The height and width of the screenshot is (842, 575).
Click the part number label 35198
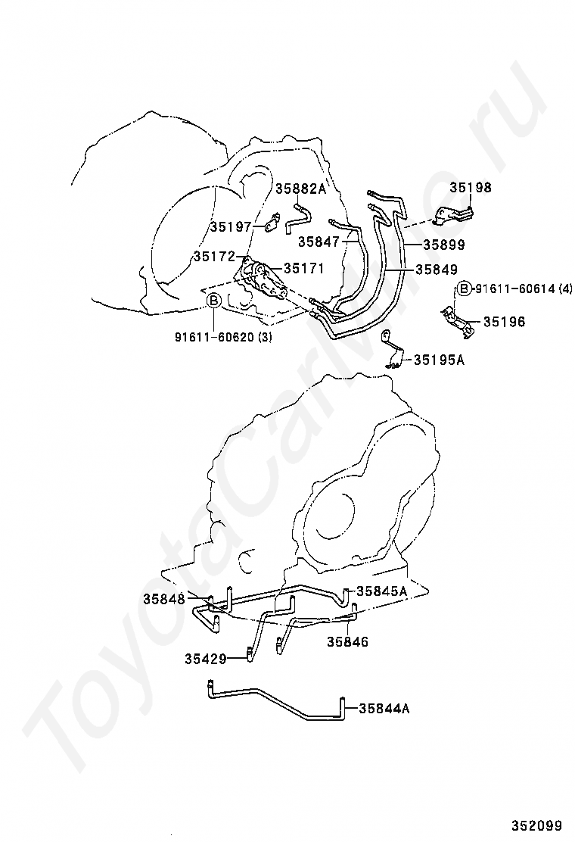(471, 188)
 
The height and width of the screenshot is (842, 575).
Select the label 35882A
(301, 189)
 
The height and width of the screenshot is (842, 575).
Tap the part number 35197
(231, 226)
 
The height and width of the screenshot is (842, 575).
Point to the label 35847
(319, 242)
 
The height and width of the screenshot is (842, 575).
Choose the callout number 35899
(444, 245)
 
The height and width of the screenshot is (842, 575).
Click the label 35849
(437, 269)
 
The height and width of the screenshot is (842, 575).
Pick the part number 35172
(215, 257)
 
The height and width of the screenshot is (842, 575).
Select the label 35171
(304, 268)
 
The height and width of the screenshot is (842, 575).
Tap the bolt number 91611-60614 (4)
(521, 289)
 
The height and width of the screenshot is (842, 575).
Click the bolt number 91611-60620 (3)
(223, 338)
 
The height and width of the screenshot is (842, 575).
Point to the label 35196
(505, 322)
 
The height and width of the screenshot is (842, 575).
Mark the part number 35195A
(440, 360)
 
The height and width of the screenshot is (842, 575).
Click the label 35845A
(382, 591)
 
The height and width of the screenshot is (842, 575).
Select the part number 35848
(164, 599)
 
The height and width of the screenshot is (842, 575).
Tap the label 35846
(348, 641)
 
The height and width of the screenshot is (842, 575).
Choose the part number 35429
(206, 658)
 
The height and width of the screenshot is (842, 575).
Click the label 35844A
(384, 709)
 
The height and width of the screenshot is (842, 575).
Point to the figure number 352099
(537, 825)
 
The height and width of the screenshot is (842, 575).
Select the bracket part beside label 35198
(454, 216)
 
